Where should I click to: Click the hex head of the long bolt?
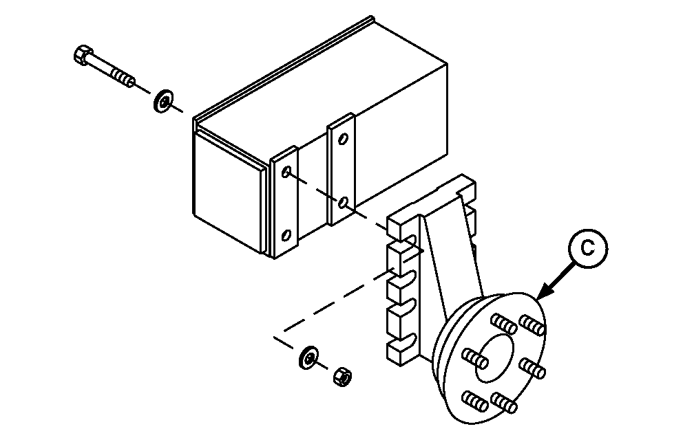[83, 54]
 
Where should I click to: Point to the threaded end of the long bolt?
[123, 77]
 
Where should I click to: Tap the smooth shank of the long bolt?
[101, 64]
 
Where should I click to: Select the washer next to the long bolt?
[163, 101]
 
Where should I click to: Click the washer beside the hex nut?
[308, 357]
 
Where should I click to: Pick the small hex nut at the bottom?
[343, 376]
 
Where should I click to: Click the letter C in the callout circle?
[587, 248]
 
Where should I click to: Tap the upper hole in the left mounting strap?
[286, 172]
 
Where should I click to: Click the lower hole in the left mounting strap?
[286, 235]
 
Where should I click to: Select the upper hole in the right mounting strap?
[344, 139]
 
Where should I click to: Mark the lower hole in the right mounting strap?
[344, 202]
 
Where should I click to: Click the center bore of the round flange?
[494, 358]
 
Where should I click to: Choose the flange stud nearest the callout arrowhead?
[532, 325]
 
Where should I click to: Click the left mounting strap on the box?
[284, 202]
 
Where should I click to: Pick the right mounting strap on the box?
[341, 170]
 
